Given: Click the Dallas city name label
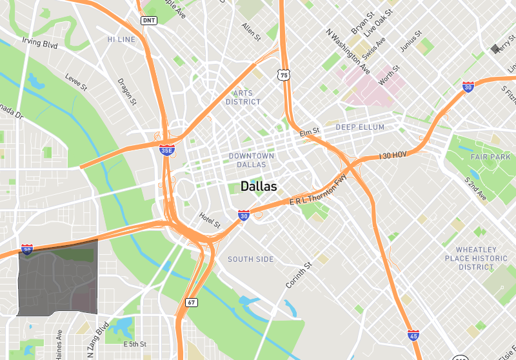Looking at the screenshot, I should [x=259, y=186].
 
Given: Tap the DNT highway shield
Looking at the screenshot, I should [x=148, y=21].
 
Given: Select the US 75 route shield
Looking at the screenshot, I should [x=284, y=75].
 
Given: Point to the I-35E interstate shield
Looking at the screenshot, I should [x=166, y=150].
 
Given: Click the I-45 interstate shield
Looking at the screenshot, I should [x=413, y=335].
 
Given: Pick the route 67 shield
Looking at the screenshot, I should [x=192, y=302].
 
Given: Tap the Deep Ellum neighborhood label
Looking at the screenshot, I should [x=360, y=127].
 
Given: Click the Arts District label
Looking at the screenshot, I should [x=243, y=97].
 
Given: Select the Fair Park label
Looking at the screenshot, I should [x=490, y=157].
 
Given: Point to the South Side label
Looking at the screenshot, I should [x=251, y=259].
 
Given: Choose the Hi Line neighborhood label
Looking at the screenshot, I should [x=121, y=39].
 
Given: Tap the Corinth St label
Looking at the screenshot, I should [x=299, y=275].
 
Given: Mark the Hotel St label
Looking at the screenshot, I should [x=210, y=221].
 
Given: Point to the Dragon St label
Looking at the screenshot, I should [x=127, y=92].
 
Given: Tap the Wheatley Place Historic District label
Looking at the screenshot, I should [x=476, y=258].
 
